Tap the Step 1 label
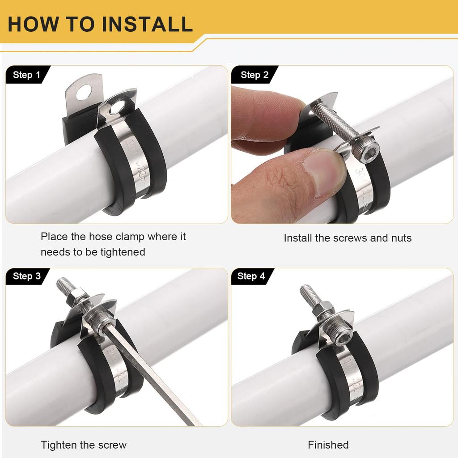coord(26,75)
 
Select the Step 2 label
coord(254,75)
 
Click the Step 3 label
coord(26,276)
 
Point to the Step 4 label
coord(251,276)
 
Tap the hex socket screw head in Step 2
coord(365,152)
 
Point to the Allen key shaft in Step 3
coord(152,376)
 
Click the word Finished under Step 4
coord(328,445)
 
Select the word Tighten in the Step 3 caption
coord(58,445)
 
